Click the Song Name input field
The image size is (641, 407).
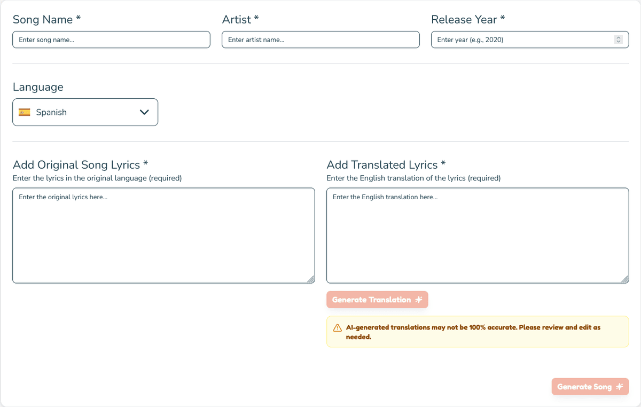click(x=111, y=40)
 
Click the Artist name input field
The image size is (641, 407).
click(x=320, y=40)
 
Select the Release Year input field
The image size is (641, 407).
click(x=521, y=40)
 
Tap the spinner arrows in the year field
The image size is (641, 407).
click(x=619, y=40)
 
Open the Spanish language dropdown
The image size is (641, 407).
click(x=85, y=112)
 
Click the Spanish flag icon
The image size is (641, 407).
click(x=25, y=112)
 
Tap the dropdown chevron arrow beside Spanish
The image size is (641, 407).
click(x=144, y=112)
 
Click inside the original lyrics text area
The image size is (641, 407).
click(x=163, y=235)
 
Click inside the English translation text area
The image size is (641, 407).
click(x=478, y=235)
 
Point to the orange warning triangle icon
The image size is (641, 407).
click(x=338, y=328)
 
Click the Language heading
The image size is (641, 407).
click(x=38, y=87)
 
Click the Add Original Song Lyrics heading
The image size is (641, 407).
click(x=80, y=165)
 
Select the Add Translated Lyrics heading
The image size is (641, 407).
click(x=386, y=165)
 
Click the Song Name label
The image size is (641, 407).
click(x=46, y=19)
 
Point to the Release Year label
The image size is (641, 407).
click(x=467, y=19)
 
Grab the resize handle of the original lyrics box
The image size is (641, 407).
click(x=311, y=279)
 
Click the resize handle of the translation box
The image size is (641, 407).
click(x=625, y=279)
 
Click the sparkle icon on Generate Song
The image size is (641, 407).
click(x=620, y=387)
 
